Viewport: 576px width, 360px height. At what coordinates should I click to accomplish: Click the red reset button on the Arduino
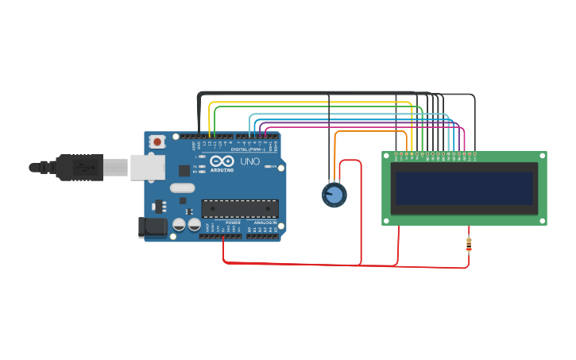tap(157, 141)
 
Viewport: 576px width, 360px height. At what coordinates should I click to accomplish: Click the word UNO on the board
tap(249, 161)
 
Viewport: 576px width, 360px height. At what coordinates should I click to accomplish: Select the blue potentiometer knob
tap(334, 194)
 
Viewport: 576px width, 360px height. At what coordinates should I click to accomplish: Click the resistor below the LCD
tap(469, 244)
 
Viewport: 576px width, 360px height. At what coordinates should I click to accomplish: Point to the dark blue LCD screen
tap(464, 188)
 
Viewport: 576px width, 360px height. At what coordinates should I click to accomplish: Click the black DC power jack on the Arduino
tap(153, 227)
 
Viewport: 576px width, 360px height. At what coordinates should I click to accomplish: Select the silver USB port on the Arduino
tap(148, 167)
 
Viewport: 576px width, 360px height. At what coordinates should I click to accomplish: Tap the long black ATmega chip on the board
tap(240, 208)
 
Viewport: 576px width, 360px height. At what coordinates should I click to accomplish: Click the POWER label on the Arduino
tap(233, 223)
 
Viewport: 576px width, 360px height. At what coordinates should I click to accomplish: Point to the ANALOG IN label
tap(265, 223)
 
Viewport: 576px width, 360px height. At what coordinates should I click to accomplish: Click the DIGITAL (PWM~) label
tap(247, 149)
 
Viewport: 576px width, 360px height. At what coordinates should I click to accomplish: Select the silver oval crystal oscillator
tap(182, 188)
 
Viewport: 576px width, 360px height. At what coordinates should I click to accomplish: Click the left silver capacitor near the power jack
tap(180, 225)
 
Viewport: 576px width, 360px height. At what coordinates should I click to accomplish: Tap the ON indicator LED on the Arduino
tap(272, 167)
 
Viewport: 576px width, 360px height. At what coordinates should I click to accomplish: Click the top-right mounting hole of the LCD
tap(542, 157)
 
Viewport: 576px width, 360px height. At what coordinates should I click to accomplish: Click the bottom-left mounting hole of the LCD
tap(387, 220)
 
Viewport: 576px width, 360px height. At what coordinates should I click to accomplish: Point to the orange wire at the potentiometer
tap(335, 159)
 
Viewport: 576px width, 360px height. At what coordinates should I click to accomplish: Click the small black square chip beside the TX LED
tap(184, 170)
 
